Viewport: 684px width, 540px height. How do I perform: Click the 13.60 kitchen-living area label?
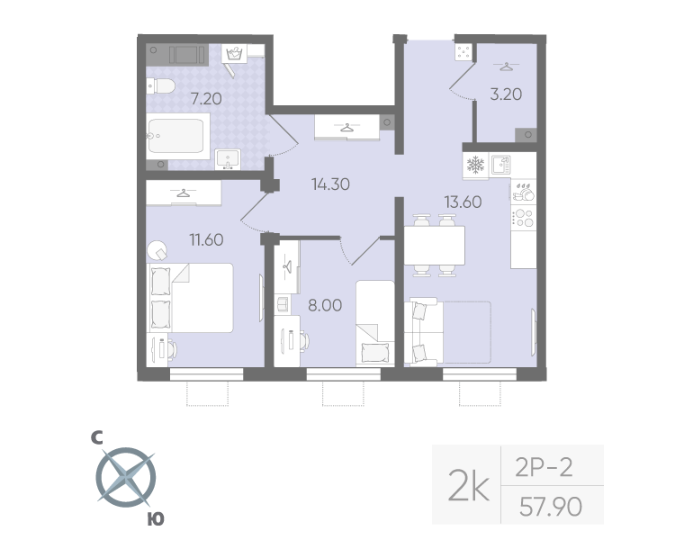(462, 202)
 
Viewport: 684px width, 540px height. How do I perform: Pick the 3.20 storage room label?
(505, 93)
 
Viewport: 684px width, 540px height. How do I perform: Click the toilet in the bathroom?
(160, 86)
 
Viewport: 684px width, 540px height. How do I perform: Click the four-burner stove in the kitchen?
(523, 218)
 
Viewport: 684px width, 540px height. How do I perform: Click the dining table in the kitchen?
(434, 244)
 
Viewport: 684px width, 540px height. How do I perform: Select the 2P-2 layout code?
(544, 466)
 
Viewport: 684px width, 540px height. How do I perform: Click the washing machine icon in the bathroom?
(236, 54)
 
